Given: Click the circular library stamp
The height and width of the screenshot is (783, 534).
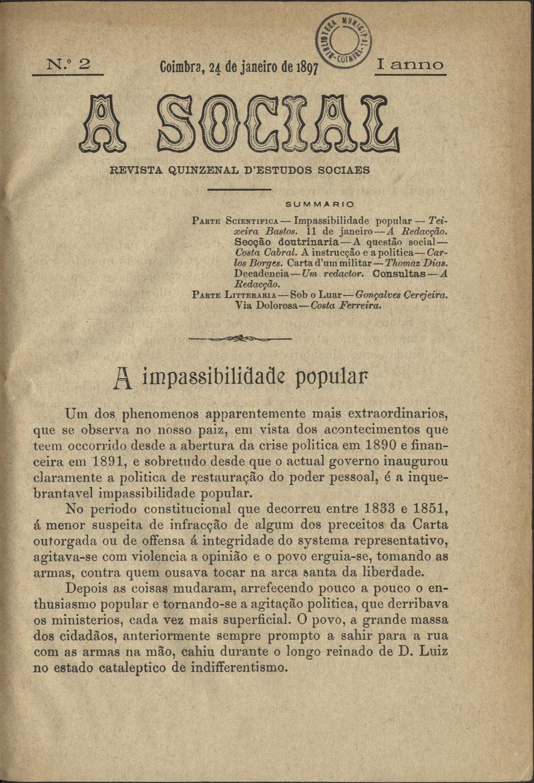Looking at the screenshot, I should tap(344, 40).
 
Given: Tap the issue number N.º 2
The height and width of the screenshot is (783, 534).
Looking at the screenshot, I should tap(67, 65).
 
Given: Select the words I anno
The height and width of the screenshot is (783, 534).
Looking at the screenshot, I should tap(410, 65).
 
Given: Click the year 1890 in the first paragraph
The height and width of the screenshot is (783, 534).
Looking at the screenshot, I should tap(373, 444).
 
